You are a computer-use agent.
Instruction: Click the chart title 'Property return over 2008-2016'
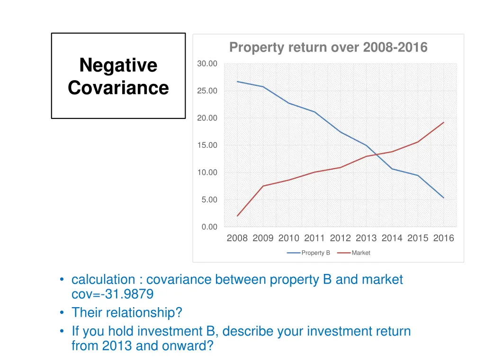(x=328, y=47)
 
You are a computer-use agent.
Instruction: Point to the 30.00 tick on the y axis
(x=207, y=64)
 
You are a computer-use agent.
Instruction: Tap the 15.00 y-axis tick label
(x=207, y=145)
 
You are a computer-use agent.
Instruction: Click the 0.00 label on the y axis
(x=209, y=227)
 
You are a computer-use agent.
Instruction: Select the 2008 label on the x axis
(x=237, y=238)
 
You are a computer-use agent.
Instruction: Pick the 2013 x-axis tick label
(x=366, y=238)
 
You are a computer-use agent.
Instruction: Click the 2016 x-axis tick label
(x=443, y=238)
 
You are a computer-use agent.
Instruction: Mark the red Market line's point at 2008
(x=237, y=216)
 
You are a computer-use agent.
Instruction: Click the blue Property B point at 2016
(x=444, y=198)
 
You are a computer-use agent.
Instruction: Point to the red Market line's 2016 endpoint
(x=444, y=122)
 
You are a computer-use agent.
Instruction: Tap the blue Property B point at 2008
(x=237, y=82)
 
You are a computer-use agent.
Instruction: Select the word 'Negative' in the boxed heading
(x=118, y=65)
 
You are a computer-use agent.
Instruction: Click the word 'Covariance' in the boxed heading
(x=118, y=88)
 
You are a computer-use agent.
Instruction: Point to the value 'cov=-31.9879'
(x=112, y=294)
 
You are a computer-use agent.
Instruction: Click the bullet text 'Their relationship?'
(x=126, y=313)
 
